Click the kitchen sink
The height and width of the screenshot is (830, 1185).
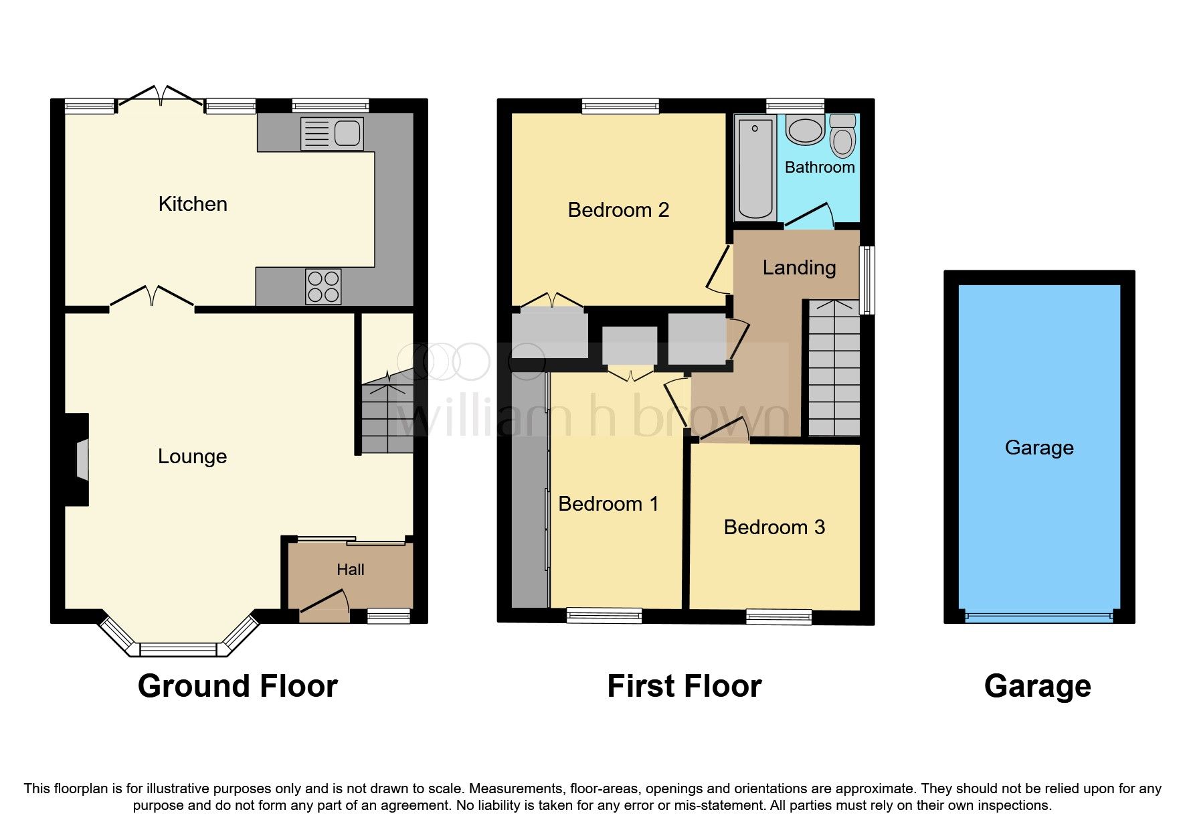[332, 133]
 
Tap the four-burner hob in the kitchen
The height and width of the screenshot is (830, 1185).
[323, 286]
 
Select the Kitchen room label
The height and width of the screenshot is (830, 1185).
[193, 204]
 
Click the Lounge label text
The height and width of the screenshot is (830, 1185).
[192, 456]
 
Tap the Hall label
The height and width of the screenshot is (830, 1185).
[350, 570]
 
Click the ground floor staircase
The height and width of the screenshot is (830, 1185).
[387, 416]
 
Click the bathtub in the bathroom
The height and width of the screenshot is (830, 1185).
[755, 168]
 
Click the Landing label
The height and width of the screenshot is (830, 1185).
[799, 268]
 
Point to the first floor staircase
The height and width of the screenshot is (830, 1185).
[834, 368]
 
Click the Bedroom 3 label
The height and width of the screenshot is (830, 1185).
[774, 527]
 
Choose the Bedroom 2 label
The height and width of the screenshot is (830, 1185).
[618, 210]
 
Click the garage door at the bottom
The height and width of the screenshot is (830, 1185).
[1038, 615]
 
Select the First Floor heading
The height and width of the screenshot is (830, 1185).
[684, 686]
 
